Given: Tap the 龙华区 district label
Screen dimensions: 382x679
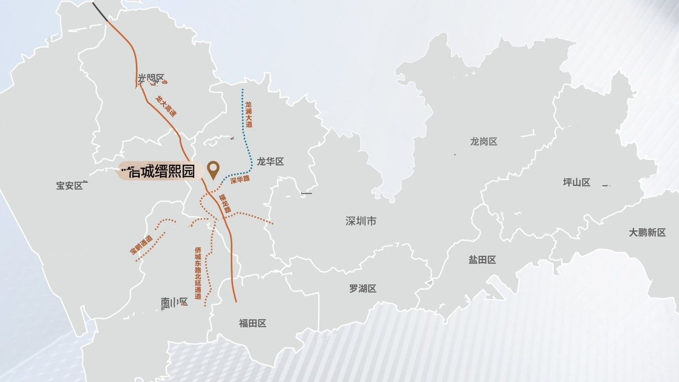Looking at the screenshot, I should (270, 162).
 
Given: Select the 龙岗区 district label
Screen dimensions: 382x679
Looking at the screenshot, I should (484, 142).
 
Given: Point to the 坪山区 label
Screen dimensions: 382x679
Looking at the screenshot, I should (576, 182).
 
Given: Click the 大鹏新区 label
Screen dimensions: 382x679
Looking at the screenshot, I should (647, 232).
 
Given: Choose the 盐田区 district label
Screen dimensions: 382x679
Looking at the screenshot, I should (482, 260).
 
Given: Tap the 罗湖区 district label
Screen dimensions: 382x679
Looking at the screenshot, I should (363, 288).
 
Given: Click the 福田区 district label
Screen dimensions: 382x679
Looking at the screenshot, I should (253, 323).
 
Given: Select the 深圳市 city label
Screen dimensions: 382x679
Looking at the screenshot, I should (361, 221).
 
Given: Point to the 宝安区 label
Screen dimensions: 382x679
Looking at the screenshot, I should (70, 185).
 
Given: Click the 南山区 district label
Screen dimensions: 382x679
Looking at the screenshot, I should (174, 303).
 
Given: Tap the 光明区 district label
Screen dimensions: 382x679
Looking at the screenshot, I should (151, 79).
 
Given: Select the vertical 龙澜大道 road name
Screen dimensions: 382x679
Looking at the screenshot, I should (249, 114).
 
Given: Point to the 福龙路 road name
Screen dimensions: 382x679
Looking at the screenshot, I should (225, 203).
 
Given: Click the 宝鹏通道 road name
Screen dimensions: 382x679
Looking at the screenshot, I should (141, 245).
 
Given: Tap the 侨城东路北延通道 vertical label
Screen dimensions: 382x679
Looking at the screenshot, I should (198, 273).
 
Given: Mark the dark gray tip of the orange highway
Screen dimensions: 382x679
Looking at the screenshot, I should (100, 12).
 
